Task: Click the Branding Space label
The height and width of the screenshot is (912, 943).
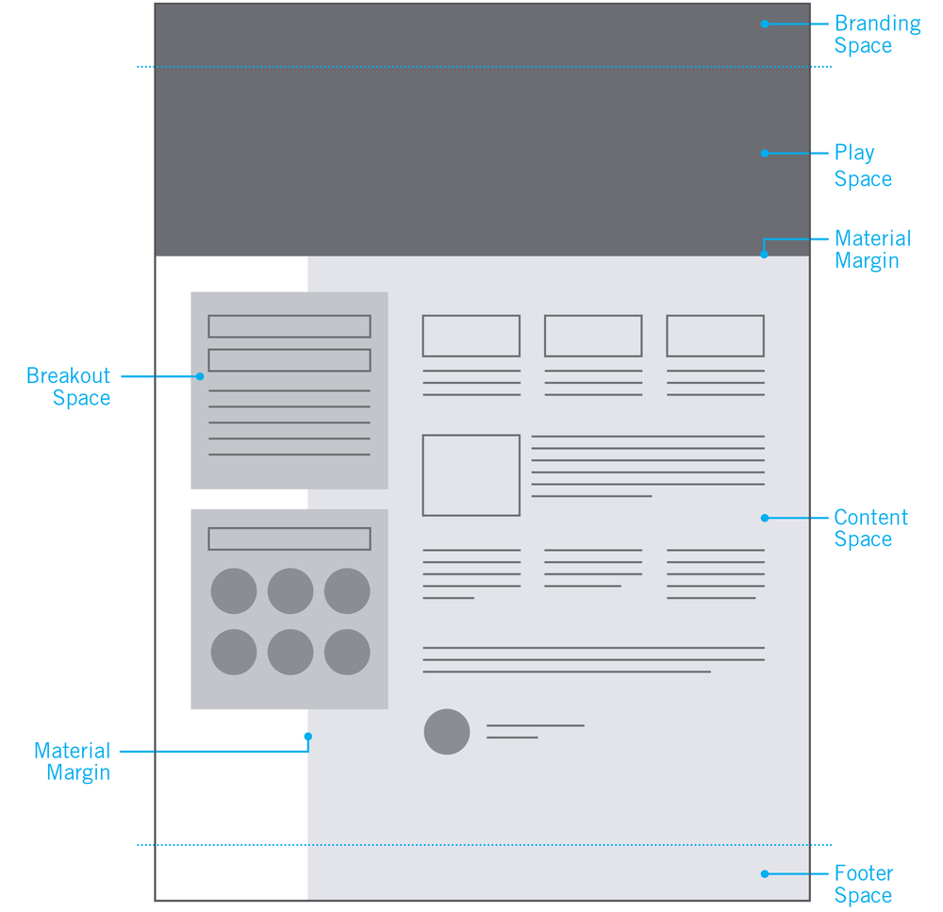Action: [x=877, y=35]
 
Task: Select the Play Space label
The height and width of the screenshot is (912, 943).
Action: [x=862, y=166]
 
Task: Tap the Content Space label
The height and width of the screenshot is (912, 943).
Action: [x=870, y=528]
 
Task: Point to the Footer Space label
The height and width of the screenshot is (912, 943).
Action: [x=863, y=885]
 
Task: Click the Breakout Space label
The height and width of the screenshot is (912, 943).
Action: [x=69, y=387]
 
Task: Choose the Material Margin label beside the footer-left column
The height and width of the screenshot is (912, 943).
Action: [x=73, y=762]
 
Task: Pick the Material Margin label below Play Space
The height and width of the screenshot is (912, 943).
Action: [x=872, y=250]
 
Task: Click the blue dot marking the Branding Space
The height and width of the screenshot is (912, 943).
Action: [x=765, y=24]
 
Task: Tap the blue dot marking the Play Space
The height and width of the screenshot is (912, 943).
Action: [x=765, y=153]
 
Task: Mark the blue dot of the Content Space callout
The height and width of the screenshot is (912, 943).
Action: [x=765, y=518]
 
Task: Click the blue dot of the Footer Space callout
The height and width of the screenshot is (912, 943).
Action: [x=765, y=874]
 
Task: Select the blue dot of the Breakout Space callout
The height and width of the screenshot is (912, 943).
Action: [x=200, y=376]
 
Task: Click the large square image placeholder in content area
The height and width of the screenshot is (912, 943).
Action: [x=471, y=475]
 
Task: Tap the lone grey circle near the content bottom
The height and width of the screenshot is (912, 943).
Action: [x=447, y=732]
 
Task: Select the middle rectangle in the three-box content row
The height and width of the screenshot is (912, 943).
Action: [x=593, y=336]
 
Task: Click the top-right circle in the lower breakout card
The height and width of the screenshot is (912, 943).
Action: [x=347, y=591]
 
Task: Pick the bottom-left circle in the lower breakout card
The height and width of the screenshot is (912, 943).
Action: [x=234, y=652]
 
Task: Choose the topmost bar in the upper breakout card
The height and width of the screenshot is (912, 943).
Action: [x=290, y=326]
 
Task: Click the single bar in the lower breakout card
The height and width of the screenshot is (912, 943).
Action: [x=290, y=539]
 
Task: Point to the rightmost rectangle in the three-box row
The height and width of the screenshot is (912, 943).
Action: [x=715, y=336]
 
